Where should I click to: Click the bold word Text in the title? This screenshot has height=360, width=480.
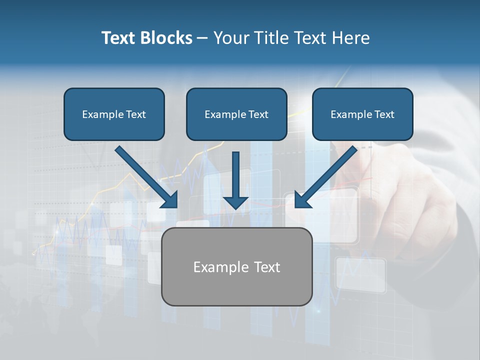coord(118,38)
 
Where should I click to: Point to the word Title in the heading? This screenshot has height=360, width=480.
coord(274,38)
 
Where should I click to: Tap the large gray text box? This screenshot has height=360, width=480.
coord(236,287)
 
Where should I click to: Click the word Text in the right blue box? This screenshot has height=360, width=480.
coord(383,114)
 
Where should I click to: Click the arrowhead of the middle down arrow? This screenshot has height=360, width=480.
coord(235,202)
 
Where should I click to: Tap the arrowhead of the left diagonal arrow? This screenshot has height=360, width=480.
coord(169,200)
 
